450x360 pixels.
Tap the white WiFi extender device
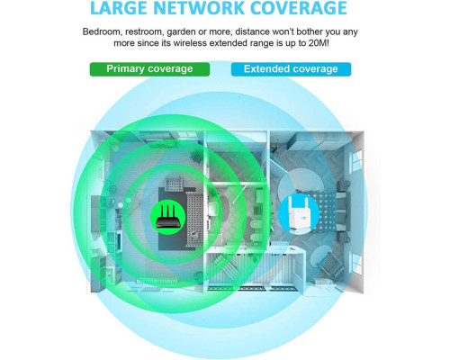pos(299,214)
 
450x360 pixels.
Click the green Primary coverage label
pos(149,69)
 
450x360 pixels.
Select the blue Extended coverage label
pos(291,69)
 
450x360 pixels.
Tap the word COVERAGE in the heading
pos(299,8)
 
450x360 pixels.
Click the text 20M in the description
pos(319,43)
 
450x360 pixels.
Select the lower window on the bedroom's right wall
pos(356,261)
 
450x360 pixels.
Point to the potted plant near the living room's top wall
pos(196,156)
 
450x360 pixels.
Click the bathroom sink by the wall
pos(212,208)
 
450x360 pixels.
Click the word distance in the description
pos(252,31)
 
